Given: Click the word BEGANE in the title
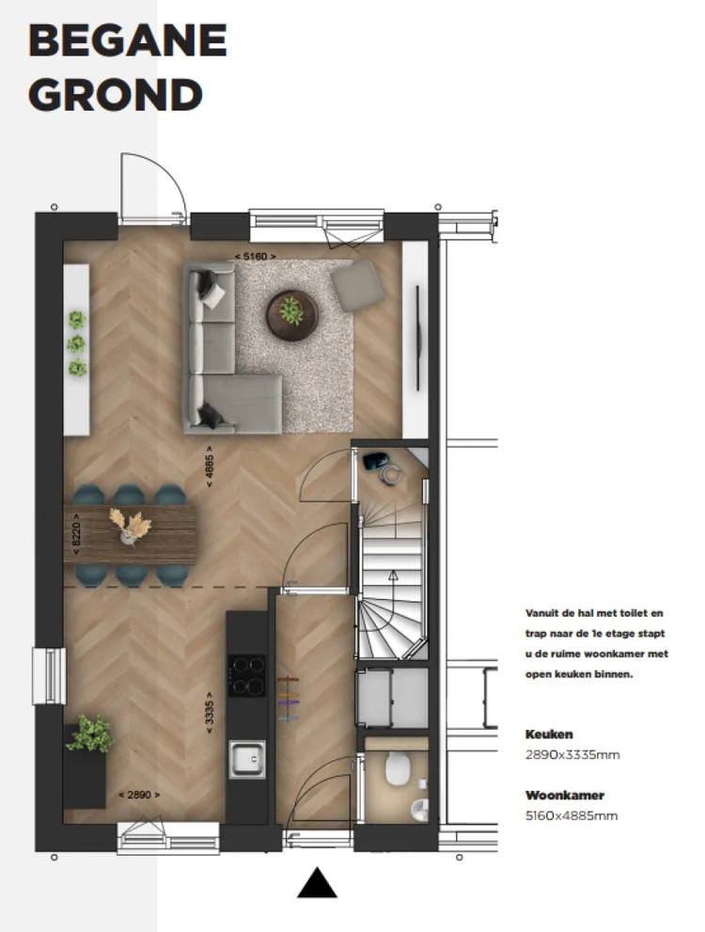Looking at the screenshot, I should click(x=128, y=41).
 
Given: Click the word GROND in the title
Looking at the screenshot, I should click(x=116, y=94).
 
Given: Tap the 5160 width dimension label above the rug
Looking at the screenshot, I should click(x=254, y=256).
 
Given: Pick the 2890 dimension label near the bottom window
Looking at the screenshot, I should click(x=138, y=795).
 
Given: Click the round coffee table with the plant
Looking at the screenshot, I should click(x=291, y=312).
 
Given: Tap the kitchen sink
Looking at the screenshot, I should click(x=246, y=758).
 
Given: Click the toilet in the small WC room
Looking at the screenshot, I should click(x=397, y=770).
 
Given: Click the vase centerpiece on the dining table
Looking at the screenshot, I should click(x=128, y=527).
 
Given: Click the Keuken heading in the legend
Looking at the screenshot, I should click(x=549, y=735).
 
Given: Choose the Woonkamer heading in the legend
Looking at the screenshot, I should click(x=564, y=795).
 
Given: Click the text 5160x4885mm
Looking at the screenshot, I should click(x=572, y=815).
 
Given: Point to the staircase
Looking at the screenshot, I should click(x=390, y=592).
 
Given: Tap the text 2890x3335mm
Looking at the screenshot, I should click(x=572, y=755).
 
